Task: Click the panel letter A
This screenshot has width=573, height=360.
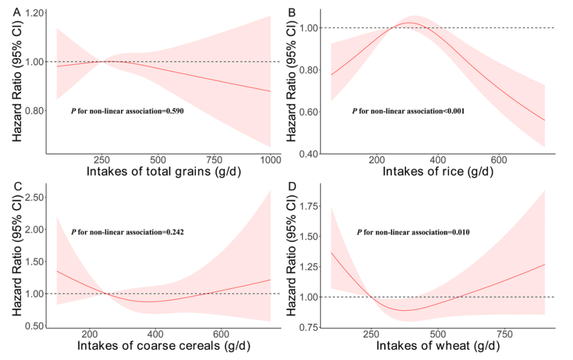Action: click(17, 13)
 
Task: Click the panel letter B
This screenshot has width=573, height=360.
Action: click(292, 13)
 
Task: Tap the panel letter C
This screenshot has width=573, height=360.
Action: click(17, 186)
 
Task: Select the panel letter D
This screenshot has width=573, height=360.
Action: click(292, 186)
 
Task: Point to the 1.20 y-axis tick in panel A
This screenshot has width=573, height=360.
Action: click(35, 14)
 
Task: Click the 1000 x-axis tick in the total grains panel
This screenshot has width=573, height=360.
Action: click(270, 160)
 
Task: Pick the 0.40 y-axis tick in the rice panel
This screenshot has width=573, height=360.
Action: click(309, 154)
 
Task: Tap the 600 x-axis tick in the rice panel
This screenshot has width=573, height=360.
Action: click(499, 160)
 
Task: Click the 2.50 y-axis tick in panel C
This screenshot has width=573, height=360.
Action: click(35, 198)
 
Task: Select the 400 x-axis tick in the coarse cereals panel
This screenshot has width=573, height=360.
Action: click(155, 334)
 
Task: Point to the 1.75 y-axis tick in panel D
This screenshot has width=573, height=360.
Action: click(309, 206)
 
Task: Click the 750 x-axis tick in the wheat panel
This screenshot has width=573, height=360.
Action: click(505, 334)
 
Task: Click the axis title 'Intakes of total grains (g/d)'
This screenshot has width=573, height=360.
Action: click(164, 171)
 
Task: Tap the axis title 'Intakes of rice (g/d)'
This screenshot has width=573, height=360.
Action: click(438, 171)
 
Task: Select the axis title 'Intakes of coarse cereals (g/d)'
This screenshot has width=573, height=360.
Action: click(164, 346)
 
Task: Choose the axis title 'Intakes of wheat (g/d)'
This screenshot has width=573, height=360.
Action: click(438, 346)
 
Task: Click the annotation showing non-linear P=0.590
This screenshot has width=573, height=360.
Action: click(127, 110)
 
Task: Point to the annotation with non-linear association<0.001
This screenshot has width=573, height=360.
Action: click(408, 110)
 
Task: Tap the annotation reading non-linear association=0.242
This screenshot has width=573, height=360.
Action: click(127, 232)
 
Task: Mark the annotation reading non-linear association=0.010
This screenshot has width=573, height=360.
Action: click(413, 232)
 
